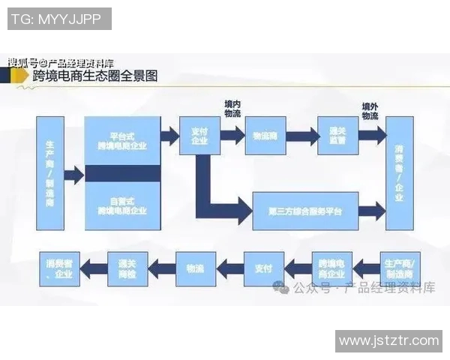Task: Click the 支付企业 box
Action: click(x=199, y=136)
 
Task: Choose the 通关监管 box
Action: click(x=337, y=136)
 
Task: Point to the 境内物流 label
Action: click(x=232, y=109)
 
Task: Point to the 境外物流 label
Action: click(x=370, y=111)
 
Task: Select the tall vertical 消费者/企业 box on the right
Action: click(x=399, y=173)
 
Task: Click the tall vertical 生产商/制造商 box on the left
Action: click(x=49, y=173)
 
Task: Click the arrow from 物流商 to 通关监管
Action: click(x=301, y=137)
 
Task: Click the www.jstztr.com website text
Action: click(x=388, y=341)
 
